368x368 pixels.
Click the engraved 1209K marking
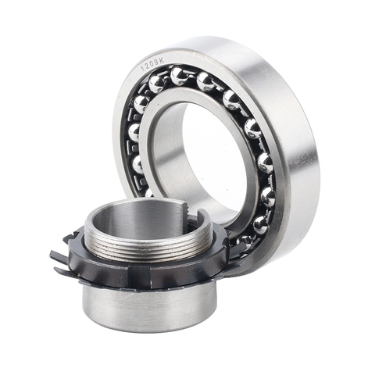(x=152, y=65)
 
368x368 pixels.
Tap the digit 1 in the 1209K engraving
(x=142, y=70)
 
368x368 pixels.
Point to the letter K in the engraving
(x=162, y=61)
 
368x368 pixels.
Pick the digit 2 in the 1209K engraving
(x=147, y=67)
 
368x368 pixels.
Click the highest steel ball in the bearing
(x=179, y=76)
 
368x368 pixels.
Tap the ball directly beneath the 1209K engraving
(x=157, y=84)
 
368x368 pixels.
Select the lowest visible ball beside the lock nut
(x=245, y=241)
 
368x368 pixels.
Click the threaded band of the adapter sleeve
(x=148, y=248)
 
